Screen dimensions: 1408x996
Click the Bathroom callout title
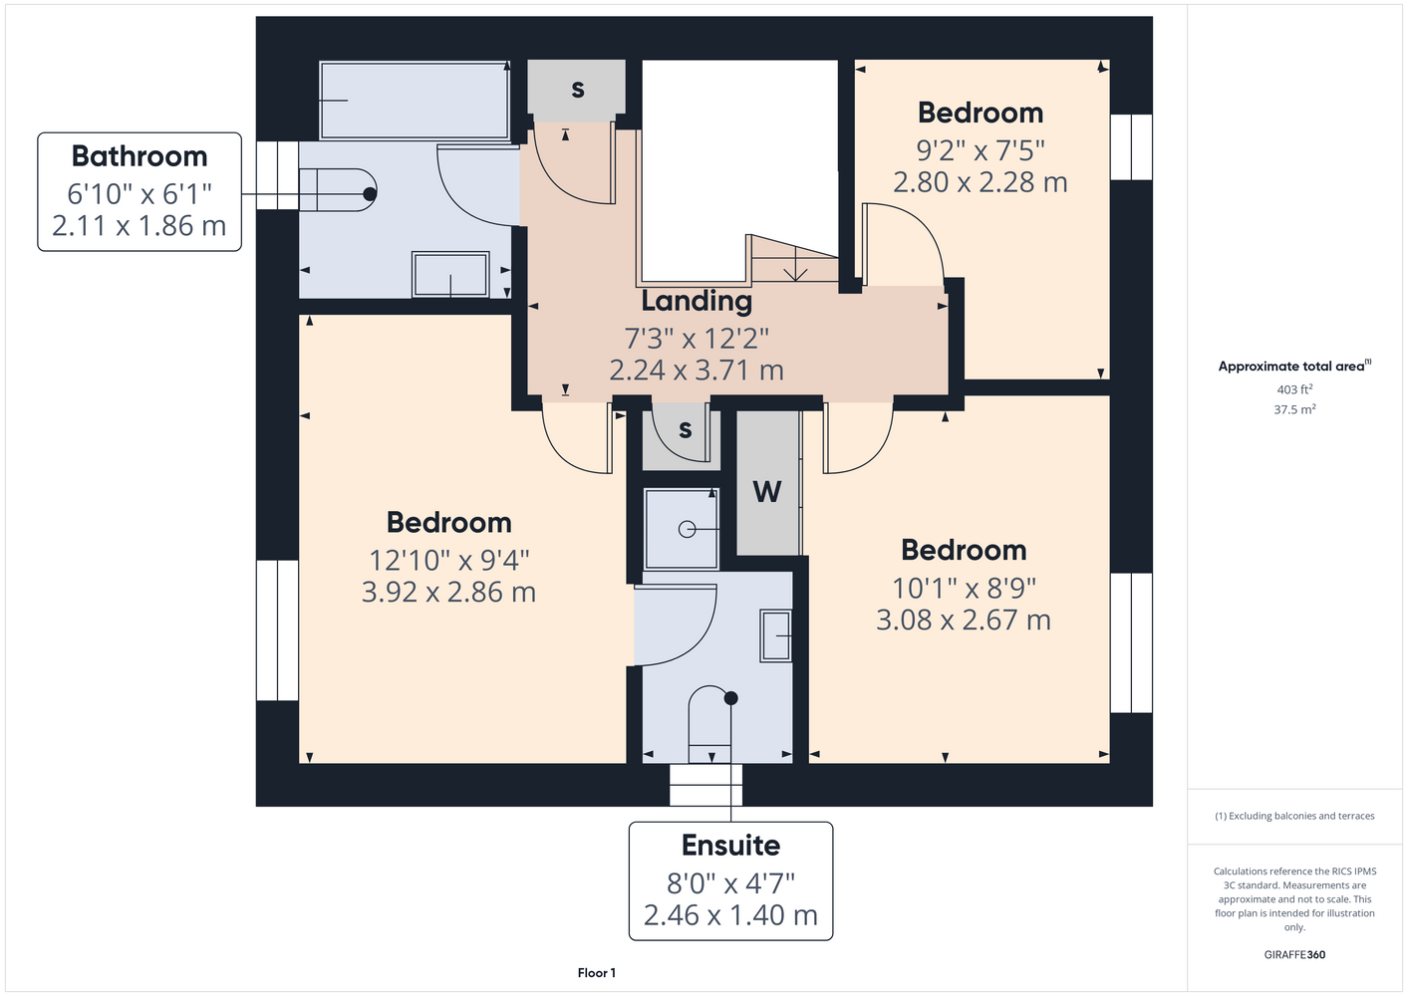tap(139, 155)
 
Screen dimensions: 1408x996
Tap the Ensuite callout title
tap(730, 846)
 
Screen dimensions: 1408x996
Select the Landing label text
tap(697, 301)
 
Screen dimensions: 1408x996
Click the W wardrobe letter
tap(767, 492)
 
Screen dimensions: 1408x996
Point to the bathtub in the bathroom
tap(415, 100)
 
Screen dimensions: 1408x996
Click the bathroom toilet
tap(338, 189)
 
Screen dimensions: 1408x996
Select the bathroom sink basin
tap(450, 275)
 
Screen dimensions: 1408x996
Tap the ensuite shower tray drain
tap(687, 529)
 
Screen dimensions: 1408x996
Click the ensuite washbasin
tap(775, 635)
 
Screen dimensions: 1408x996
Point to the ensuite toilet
tap(710, 724)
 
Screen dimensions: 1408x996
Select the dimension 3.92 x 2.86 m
tap(448, 592)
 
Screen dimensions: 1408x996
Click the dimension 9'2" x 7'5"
tap(980, 150)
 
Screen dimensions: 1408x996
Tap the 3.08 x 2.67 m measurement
tap(963, 621)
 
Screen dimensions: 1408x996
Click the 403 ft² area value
tap(1294, 389)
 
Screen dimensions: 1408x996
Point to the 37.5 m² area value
tap(1294, 409)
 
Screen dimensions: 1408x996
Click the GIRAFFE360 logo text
tap(1294, 954)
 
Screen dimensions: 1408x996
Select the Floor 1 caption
tap(597, 973)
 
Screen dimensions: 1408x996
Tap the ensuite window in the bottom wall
tap(705, 785)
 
